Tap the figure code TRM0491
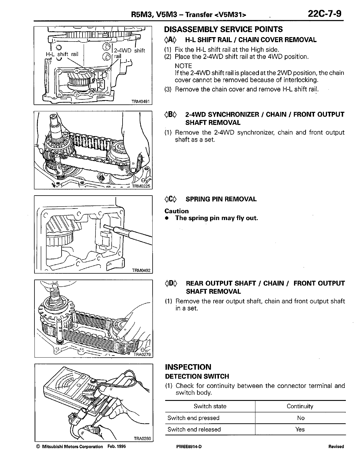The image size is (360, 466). click(x=141, y=102)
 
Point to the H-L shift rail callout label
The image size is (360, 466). click(x=62, y=54)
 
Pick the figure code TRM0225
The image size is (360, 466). click(x=141, y=186)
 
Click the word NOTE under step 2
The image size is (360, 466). click(x=183, y=66)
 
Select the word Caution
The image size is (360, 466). click(x=176, y=211)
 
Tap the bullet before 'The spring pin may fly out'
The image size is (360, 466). click(x=167, y=218)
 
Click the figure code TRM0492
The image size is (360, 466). click(x=141, y=270)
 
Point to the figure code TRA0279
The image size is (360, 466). click(x=142, y=354)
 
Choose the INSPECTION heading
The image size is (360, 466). click(x=188, y=367)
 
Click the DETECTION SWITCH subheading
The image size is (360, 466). click(x=197, y=376)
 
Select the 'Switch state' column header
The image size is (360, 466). click(x=210, y=406)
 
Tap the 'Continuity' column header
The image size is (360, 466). click(x=300, y=406)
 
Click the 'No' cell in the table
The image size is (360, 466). click(x=300, y=418)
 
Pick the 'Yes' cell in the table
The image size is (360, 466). click(x=300, y=429)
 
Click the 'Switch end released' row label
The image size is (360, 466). click(x=194, y=429)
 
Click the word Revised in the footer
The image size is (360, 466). click(x=336, y=446)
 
